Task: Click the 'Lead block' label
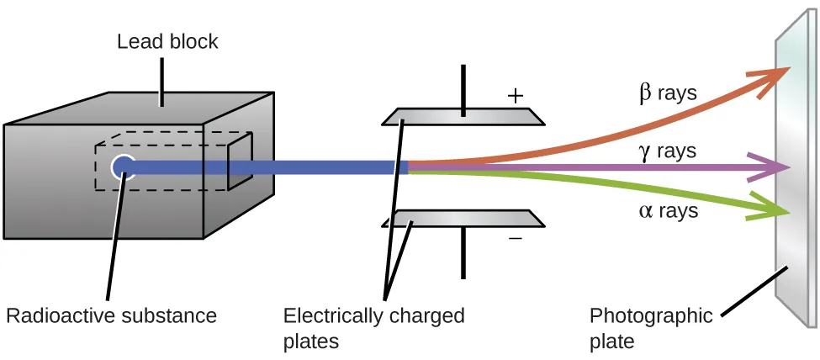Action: pyautogui.click(x=167, y=40)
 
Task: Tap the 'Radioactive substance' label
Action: pyautogui.click(x=111, y=316)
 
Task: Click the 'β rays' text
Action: pyautogui.click(x=669, y=93)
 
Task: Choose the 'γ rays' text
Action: pyautogui.click(x=669, y=151)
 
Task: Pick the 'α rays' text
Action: pyautogui.click(x=669, y=211)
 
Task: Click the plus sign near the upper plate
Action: pyautogui.click(x=516, y=96)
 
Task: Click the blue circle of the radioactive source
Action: pyautogui.click(x=124, y=167)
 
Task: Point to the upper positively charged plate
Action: pyautogui.click(x=463, y=116)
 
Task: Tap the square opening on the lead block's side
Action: pyautogui.click(x=240, y=160)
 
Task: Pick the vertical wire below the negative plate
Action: pyautogui.click(x=463, y=252)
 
